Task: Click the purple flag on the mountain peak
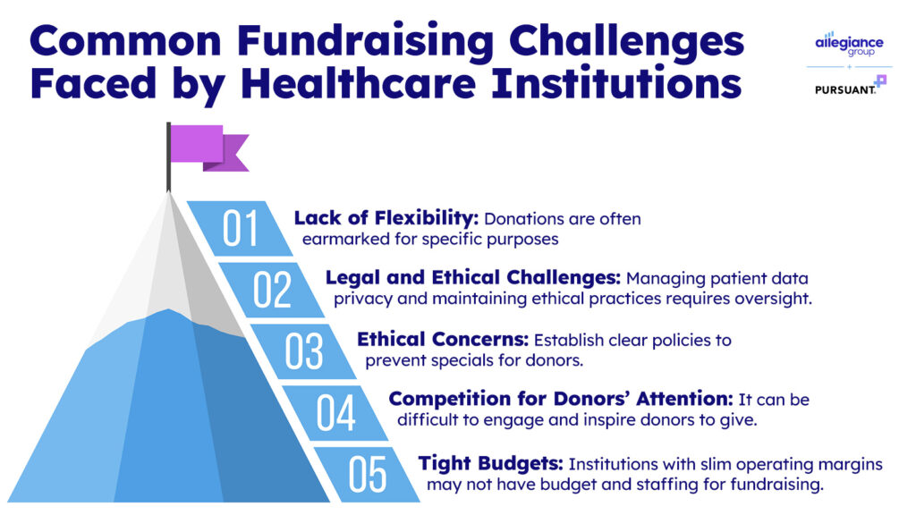tap(208, 148)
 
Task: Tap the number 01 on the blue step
tap(240, 228)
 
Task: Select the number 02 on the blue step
tap(272, 290)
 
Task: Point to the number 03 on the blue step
tap(304, 350)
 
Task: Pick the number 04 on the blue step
tap(336, 412)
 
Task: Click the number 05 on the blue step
tap(368, 474)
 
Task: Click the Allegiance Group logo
tap(849, 44)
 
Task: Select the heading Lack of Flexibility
tap(386, 218)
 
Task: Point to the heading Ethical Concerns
tap(443, 339)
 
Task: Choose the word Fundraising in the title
tap(366, 42)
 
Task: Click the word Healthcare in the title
tap(358, 83)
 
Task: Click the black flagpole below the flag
tap(169, 156)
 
